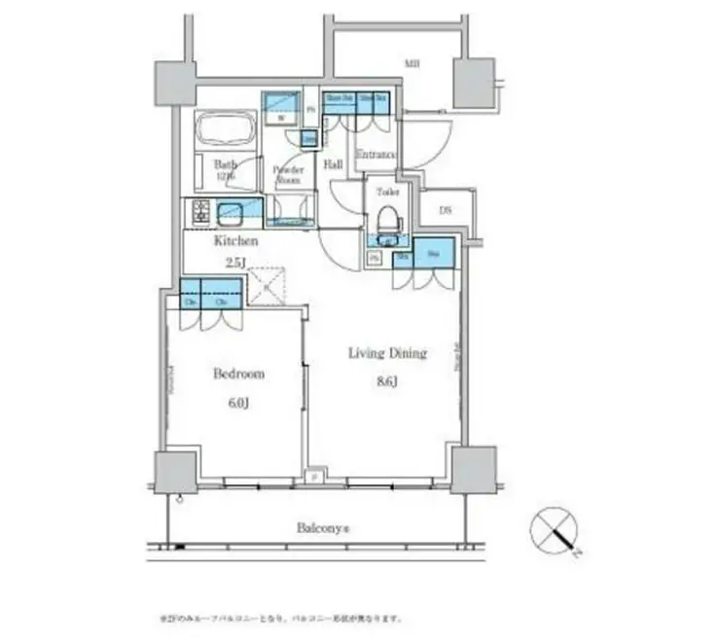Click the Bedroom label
(237, 373)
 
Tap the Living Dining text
(387, 353)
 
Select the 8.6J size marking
(387, 382)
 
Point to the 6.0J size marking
(237, 403)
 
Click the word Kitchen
(235, 239)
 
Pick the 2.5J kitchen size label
(235, 263)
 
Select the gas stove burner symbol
(201, 211)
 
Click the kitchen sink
(234, 209)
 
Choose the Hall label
(333, 163)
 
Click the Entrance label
(375, 155)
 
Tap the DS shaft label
(445, 209)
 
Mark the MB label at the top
(413, 65)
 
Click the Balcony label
(323, 529)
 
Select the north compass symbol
(555, 534)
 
